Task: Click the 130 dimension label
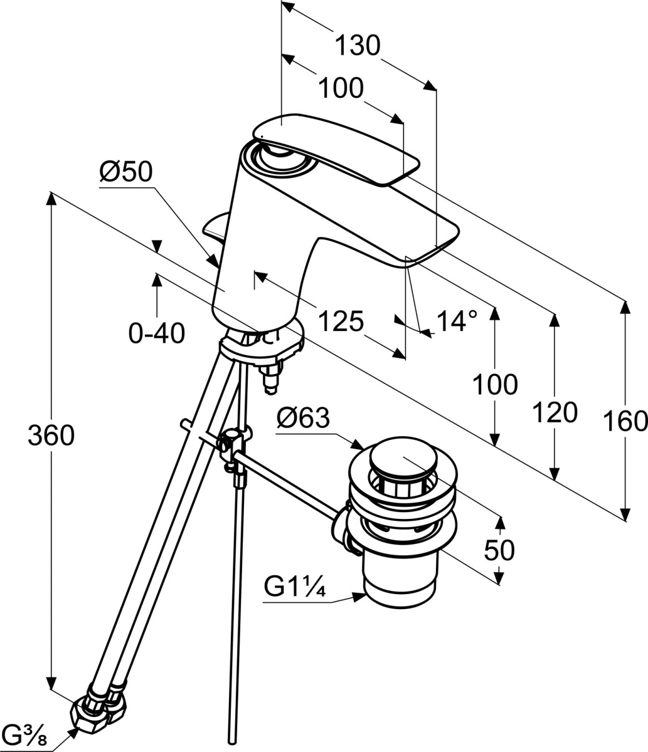[358, 46]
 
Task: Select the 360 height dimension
[51, 435]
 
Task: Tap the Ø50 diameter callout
[125, 172]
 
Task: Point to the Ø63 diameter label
[303, 417]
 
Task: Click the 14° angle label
[457, 321]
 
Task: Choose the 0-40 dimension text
[157, 333]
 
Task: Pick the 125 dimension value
[341, 321]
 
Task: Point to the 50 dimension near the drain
[499, 550]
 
